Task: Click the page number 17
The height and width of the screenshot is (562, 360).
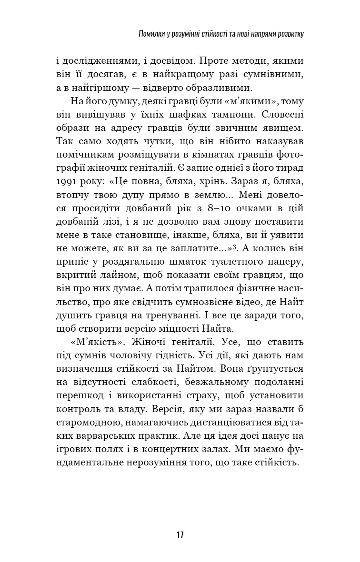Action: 180,535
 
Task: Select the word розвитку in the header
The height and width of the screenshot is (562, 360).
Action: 288,35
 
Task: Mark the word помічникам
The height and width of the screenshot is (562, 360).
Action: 84,155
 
